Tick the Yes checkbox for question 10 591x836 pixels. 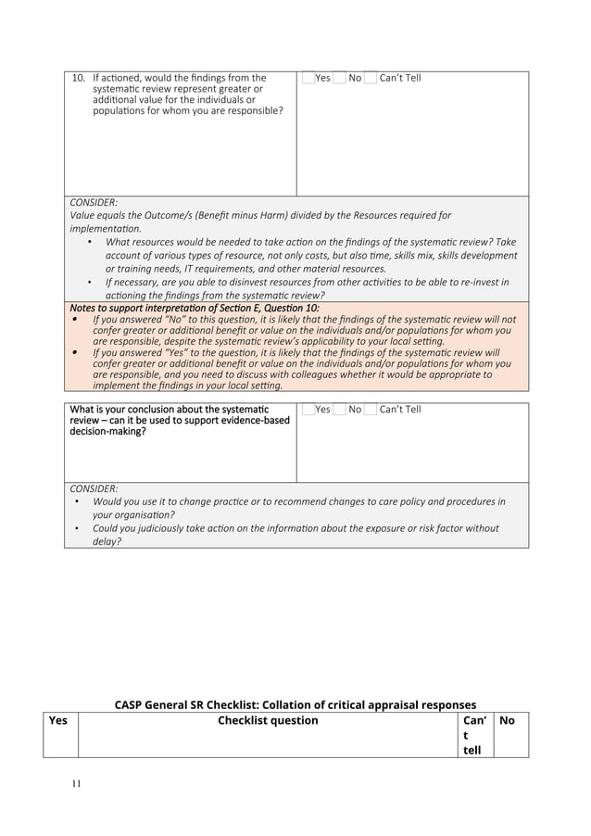point(308,78)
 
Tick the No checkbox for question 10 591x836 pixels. point(340,78)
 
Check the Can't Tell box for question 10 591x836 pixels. point(371,78)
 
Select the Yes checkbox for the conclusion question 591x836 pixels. point(308,410)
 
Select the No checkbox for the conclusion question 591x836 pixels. point(340,410)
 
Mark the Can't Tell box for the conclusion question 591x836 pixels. point(371,410)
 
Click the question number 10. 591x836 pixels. point(79,78)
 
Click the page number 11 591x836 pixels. point(77,784)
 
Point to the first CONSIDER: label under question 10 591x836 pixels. point(94,202)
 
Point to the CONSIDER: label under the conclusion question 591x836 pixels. point(94,488)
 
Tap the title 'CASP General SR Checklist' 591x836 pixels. point(295,704)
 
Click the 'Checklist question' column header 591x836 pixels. point(268,720)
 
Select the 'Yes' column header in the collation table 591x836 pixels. point(57,720)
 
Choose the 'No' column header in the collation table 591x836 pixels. point(507,720)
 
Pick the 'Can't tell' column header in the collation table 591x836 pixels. point(474,735)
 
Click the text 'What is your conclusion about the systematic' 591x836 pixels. point(170,410)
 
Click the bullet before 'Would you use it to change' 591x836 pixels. point(76,502)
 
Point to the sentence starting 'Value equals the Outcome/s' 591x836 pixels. point(259,216)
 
